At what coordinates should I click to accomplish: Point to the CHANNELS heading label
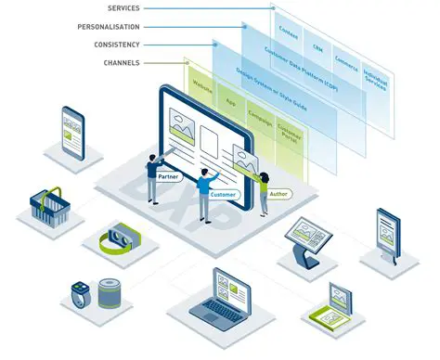tap(123, 62)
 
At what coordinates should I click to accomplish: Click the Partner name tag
tap(169, 176)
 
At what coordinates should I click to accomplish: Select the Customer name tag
tap(223, 195)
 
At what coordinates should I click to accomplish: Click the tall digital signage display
tap(387, 232)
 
